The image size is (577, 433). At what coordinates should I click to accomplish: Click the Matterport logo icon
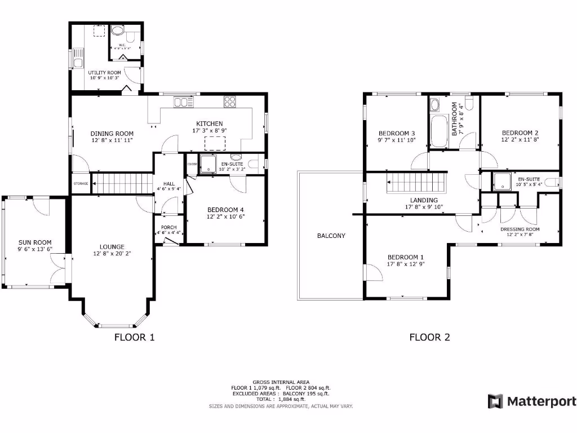(x=495, y=401)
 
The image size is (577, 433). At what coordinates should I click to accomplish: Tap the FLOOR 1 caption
(x=134, y=337)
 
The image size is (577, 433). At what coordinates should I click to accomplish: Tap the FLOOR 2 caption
(x=429, y=337)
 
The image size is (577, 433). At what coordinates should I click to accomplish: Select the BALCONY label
(x=331, y=236)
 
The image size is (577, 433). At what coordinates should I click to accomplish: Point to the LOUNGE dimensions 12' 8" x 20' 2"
(x=112, y=254)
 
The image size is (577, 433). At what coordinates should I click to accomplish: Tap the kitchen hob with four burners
(x=230, y=101)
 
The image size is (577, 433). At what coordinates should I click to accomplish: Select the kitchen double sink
(x=181, y=102)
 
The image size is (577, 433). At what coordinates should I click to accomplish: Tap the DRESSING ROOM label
(x=520, y=229)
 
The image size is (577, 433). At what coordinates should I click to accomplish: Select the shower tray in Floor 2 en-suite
(x=501, y=182)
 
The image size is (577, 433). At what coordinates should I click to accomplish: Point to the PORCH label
(x=168, y=227)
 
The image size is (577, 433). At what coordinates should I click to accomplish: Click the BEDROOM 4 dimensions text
(x=224, y=216)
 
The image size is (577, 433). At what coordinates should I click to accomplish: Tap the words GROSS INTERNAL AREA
(x=280, y=382)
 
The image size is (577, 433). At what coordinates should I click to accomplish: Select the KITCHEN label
(x=209, y=123)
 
